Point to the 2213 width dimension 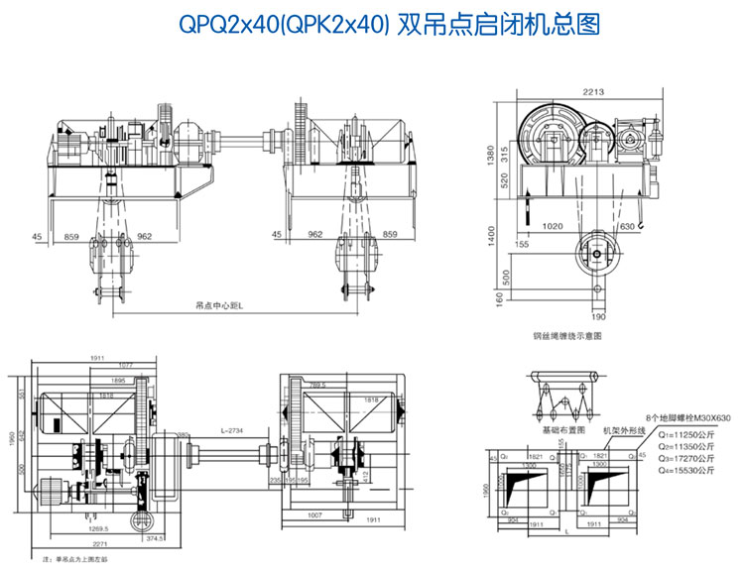tap(593, 92)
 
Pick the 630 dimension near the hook tap(627, 227)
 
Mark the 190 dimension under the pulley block tap(598, 317)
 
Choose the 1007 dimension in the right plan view tap(316, 516)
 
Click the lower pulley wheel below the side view tap(597, 255)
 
